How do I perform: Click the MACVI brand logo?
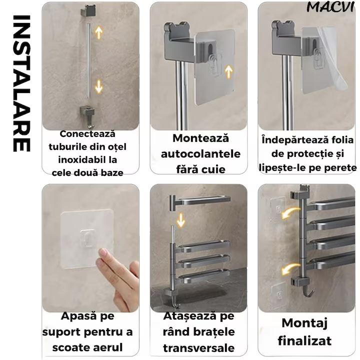[x=330, y=7]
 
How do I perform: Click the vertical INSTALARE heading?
[x=21, y=83]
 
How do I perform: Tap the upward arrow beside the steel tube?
[x=99, y=32]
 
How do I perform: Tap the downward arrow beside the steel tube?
[x=99, y=86]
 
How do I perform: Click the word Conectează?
[x=87, y=134]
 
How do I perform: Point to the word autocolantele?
[x=200, y=154]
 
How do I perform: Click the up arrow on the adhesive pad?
[x=228, y=72]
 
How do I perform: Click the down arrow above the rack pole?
[x=181, y=220]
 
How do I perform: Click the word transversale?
[x=199, y=348]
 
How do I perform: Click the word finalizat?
[x=304, y=340]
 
